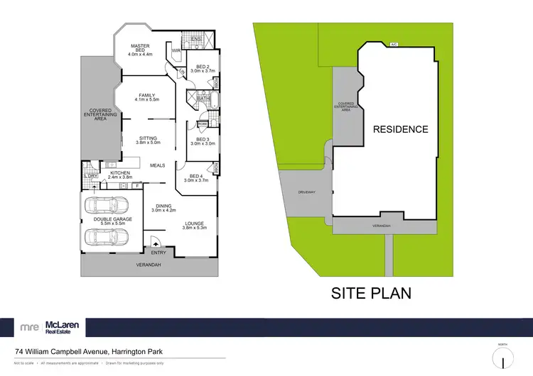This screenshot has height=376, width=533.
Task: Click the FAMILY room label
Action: [x=147, y=95]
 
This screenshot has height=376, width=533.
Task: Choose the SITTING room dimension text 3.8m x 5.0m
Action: [x=147, y=143]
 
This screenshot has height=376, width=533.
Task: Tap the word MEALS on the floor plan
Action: [x=157, y=165]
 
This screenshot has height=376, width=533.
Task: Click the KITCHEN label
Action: [x=119, y=172]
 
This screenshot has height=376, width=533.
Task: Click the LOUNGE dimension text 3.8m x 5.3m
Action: [x=194, y=228]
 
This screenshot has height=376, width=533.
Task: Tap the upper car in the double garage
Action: [x=107, y=207]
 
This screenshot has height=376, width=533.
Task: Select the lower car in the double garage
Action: [x=107, y=236]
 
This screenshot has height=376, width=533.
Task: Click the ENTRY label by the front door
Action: [x=158, y=252]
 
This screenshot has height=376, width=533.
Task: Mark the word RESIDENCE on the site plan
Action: [x=401, y=129]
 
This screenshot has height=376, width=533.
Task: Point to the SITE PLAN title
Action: [x=372, y=293]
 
